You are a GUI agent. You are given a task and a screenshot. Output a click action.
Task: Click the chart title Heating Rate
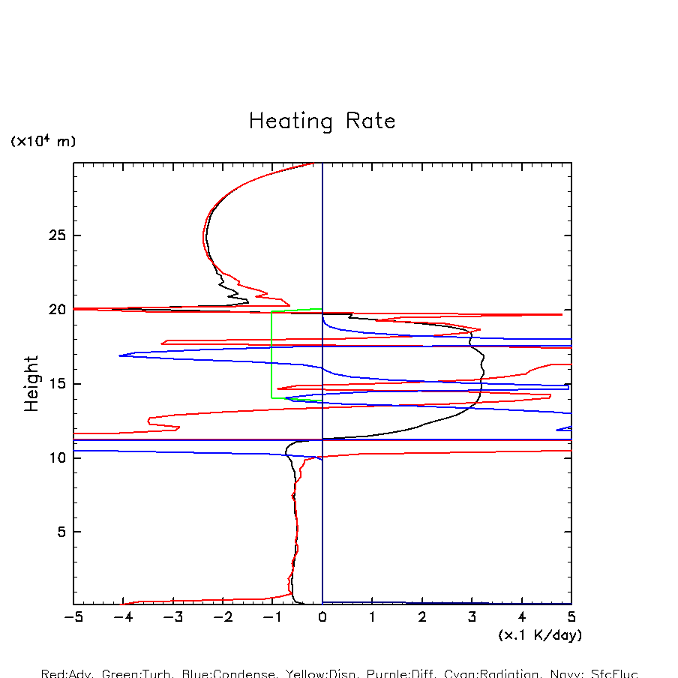coord(322,121)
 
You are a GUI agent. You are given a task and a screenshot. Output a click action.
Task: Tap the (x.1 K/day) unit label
coord(540,635)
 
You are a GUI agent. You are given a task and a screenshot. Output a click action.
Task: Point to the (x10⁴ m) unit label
coord(43,141)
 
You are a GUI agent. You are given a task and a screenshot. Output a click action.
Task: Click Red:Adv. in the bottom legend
coord(67,673)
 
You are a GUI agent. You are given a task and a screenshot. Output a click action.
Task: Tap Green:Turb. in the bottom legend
coord(137,673)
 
